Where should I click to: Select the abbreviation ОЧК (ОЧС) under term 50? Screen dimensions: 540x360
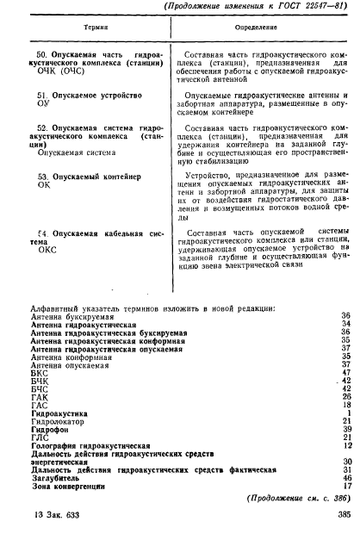pos(59,72)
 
